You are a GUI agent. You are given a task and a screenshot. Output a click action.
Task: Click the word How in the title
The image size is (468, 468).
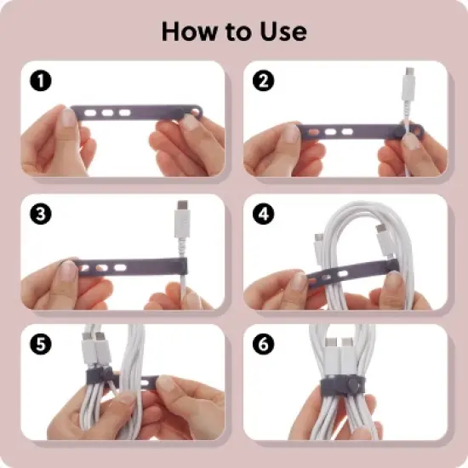click(x=190, y=31)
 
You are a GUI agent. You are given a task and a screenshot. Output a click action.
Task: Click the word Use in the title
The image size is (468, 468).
click(x=283, y=31)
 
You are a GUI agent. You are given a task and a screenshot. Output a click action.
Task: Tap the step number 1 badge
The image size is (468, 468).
click(x=39, y=81)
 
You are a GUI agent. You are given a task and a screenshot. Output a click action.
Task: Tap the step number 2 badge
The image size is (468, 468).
click(x=262, y=81)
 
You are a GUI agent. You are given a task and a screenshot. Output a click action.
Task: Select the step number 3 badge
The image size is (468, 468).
click(x=39, y=213)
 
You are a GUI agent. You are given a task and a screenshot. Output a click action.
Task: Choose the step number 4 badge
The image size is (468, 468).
click(x=262, y=213)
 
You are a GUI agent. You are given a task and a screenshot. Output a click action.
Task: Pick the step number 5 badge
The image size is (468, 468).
click(x=39, y=345)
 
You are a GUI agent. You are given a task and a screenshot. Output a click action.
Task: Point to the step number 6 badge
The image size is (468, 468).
click(x=262, y=345)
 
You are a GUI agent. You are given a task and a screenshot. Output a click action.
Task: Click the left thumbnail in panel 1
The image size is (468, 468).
click(x=68, y=117)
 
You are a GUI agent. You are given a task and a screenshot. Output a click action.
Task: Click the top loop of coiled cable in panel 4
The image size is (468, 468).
click(x=349, y=213)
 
